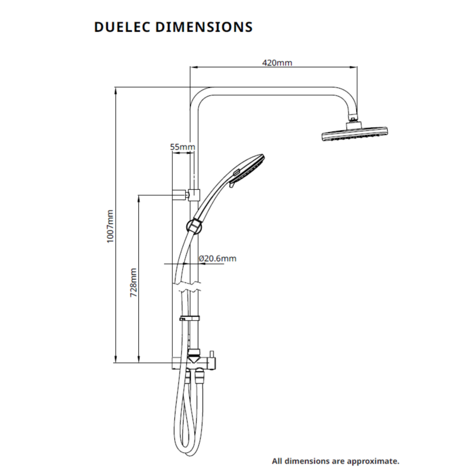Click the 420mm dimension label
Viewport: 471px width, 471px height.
tap(277, 63)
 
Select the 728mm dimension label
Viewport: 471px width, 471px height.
tap(133, 283)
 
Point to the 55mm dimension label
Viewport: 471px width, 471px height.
tap(182, 147)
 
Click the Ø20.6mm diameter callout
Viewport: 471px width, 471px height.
tap(218, 258)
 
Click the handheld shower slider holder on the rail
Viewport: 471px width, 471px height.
tap(194, 226)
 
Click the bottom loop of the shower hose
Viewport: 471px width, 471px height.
tap(183, 449)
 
